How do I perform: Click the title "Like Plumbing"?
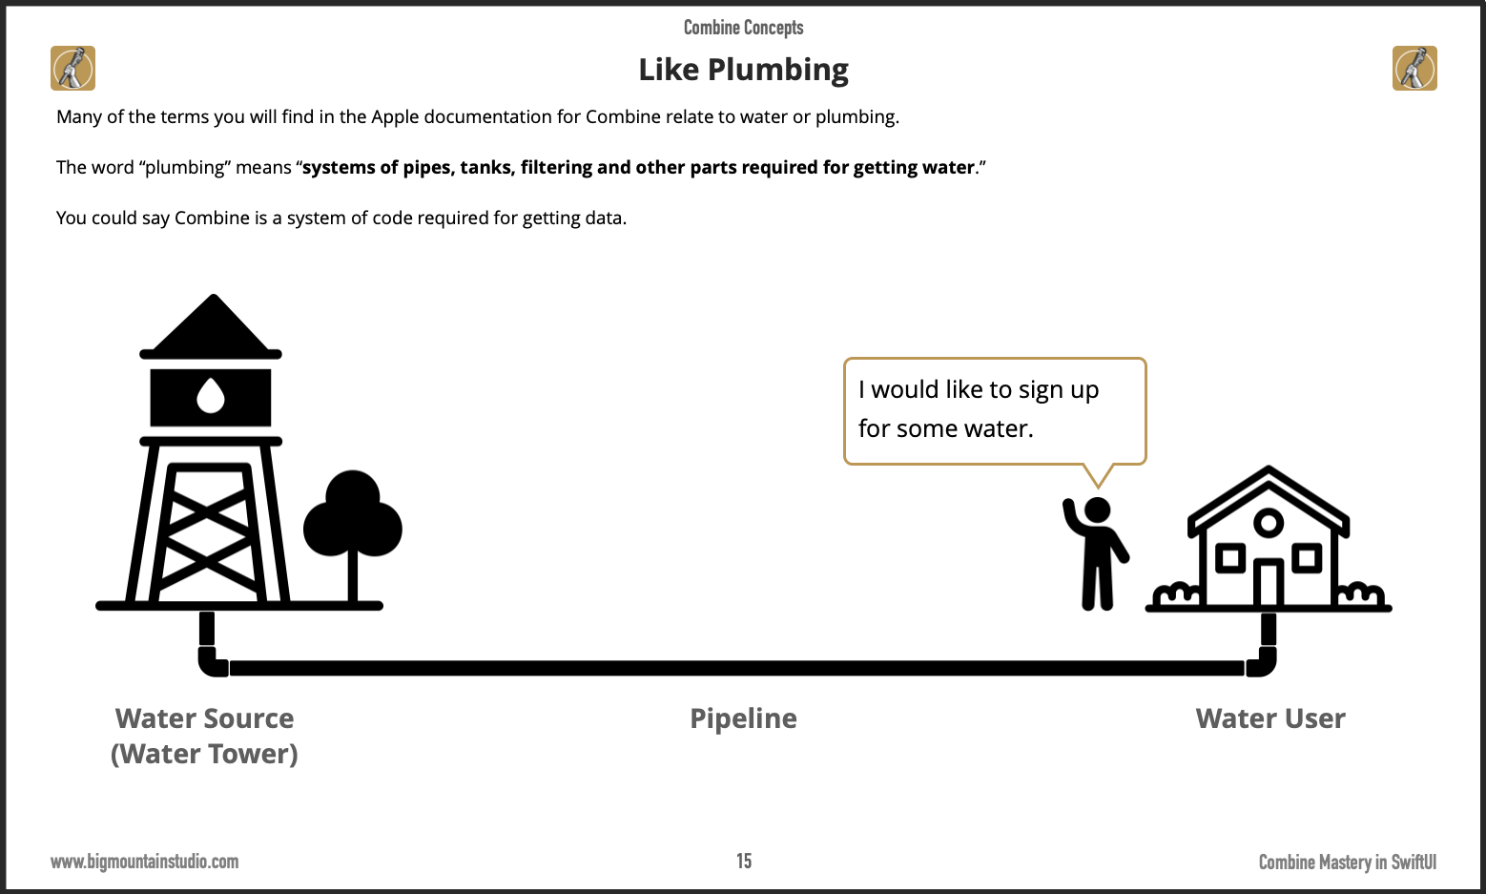[x=743, y=70]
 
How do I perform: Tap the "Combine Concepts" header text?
[x=743, y=28]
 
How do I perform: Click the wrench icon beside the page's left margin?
[x=72, y=69]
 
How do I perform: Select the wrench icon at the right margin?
[x=1414, y=69]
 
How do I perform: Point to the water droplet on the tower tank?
[x=210, y=395]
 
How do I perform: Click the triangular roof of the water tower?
[x=212, y=324]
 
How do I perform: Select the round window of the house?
[x=1268, y=522]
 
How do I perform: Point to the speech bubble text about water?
[x=979, y=409]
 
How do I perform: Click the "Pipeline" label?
[x=743, y=718]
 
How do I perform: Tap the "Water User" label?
[x=1270, y=718]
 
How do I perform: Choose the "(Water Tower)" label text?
[x=204, y=754]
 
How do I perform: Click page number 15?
[x=744, y=861]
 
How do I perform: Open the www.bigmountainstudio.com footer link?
[x=145, y=862]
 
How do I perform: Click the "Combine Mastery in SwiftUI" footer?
[x=1347, y=862]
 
